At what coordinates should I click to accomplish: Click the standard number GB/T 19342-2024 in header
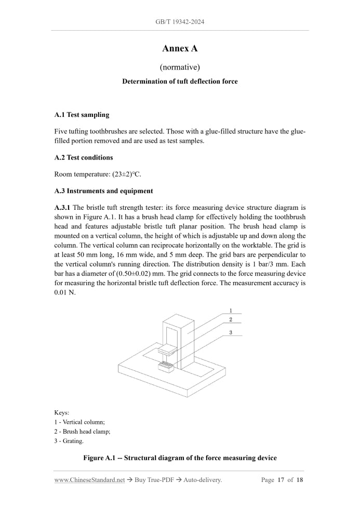point(180,22)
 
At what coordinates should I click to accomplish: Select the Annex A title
point(180,49)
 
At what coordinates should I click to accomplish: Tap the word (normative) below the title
point(180,67)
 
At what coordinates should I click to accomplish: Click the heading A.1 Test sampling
point(82,114)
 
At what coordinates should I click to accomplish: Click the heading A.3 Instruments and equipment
point(103,191)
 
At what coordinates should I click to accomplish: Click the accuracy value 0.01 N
point(65,293)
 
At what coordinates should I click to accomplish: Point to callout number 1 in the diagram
point(230,310)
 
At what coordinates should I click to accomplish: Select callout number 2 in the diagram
point(230,319)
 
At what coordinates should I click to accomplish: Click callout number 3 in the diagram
point(230,332)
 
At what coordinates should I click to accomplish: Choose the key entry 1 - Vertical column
point(79,422)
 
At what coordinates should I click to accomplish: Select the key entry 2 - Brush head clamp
point(82,432)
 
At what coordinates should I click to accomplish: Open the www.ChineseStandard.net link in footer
point(89,480)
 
